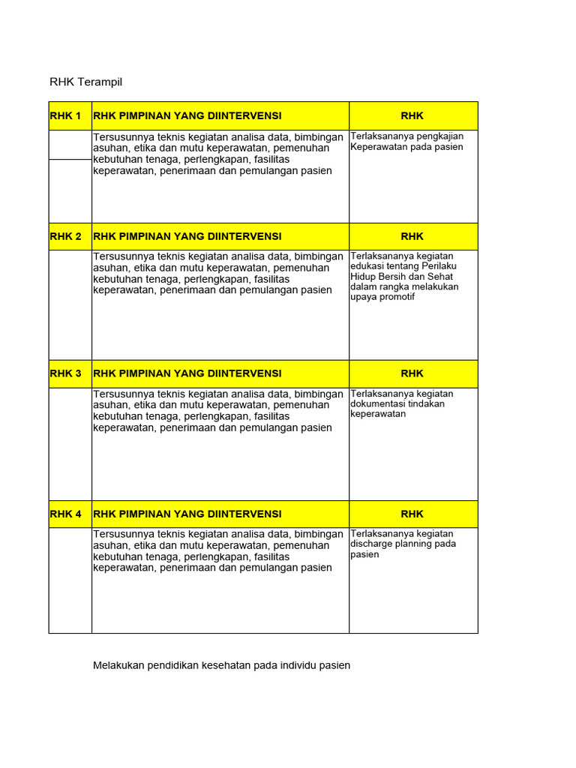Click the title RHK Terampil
[x=85, y=81]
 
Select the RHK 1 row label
[x=65, y=115]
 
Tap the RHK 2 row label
[x=65, y=236]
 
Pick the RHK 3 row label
[x=65, y=373]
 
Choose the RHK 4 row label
[x=65, y=514]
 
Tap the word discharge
[x=372, y=544]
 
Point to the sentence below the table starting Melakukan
[x=221, y=665]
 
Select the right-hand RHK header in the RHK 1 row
[x=412, y=115]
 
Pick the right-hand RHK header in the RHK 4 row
[x=412, y=514]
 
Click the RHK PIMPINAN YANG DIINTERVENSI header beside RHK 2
[x=187, y=236]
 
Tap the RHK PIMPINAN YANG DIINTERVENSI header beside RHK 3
[x=187, y=373]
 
